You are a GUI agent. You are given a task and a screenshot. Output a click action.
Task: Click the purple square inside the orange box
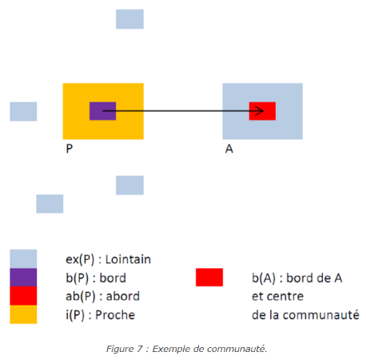(102, 111)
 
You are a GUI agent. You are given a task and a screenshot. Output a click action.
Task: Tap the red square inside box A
(262, 111)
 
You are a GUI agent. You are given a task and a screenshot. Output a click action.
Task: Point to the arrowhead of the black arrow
(260, 111)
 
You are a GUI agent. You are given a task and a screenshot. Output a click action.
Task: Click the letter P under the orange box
(70, 149)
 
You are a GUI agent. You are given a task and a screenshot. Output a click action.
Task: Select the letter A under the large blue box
(229, 149)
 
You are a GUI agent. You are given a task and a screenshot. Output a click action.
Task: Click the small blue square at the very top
(129, 19)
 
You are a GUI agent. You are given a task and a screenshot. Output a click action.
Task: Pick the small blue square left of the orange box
(23, 111)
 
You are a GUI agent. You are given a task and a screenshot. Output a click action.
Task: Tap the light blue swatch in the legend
(23, 259)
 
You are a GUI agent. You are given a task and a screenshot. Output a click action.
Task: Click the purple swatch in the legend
(23, 278)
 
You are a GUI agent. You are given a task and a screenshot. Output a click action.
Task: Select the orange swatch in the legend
(23, 314)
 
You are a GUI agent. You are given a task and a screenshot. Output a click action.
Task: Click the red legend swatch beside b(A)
(209, 278)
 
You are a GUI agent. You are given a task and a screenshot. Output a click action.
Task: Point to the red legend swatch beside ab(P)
(23, 296)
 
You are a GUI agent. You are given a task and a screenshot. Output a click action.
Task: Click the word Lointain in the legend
(128, 259)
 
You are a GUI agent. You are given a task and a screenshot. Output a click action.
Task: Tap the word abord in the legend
(123, 296)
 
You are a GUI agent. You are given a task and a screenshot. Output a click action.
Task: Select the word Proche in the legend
(115, 314)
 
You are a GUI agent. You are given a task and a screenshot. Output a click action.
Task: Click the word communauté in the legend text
(321, 314)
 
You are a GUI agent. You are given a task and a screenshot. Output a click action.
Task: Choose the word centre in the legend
(286, 296)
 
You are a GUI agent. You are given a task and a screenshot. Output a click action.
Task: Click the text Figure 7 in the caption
(125, 349)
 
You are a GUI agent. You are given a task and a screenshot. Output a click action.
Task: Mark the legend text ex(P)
(80, 259)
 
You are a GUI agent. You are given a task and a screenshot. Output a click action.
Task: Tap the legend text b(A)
(264, 278)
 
